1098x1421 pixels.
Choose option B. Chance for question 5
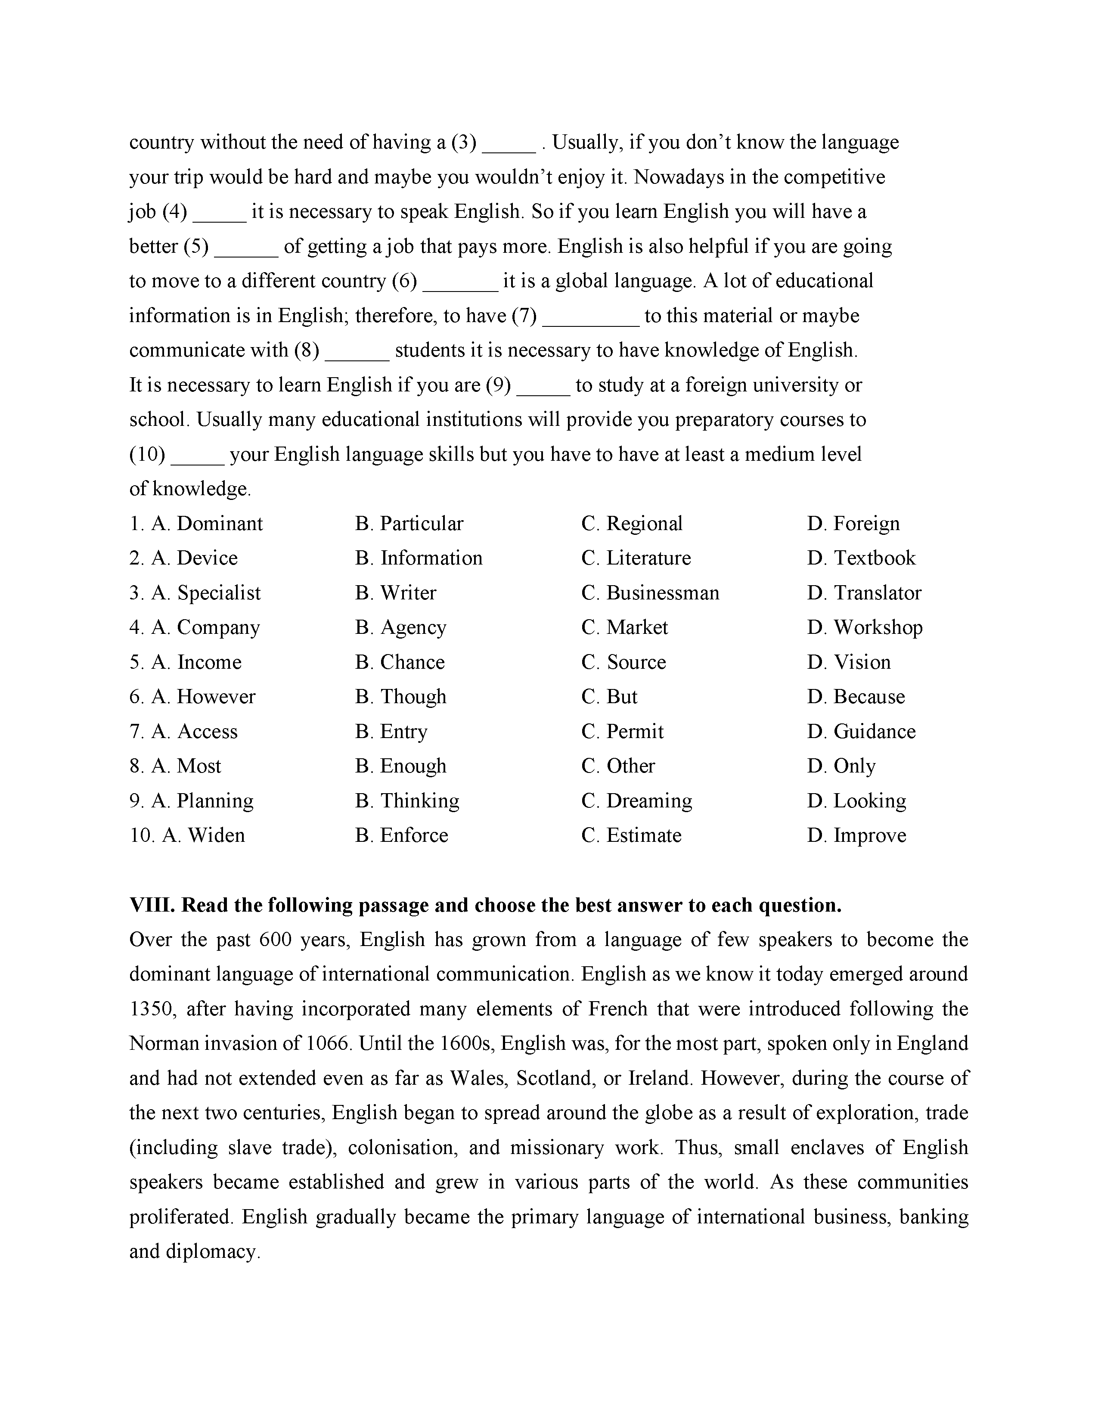point(400,662)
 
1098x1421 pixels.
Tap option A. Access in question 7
point(195,731)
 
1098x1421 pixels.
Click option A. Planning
point(202,801)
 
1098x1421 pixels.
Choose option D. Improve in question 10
point(857,835)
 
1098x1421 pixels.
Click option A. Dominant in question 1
point(207,524)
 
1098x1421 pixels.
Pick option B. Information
point(419,558)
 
